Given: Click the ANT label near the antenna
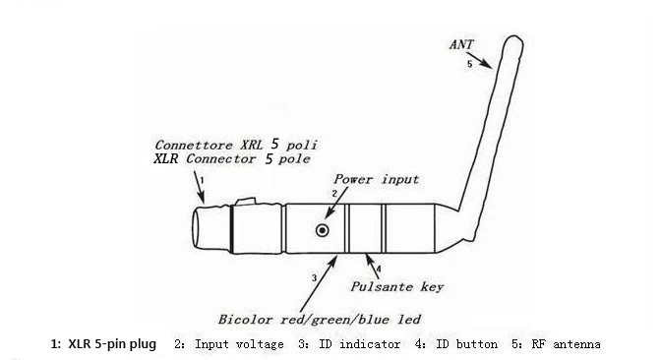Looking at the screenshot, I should coord(459,44).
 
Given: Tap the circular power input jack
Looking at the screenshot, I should coord(322,229).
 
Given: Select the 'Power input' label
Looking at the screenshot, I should coord(376,179).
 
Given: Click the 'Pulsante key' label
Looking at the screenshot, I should coord(397,287).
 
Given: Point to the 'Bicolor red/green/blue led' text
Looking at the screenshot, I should coord(320,320).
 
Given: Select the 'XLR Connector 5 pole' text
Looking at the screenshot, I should coord(231,157).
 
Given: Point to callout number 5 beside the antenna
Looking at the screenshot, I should coord(469,64).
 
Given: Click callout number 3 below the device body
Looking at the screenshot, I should coord(314,278).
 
